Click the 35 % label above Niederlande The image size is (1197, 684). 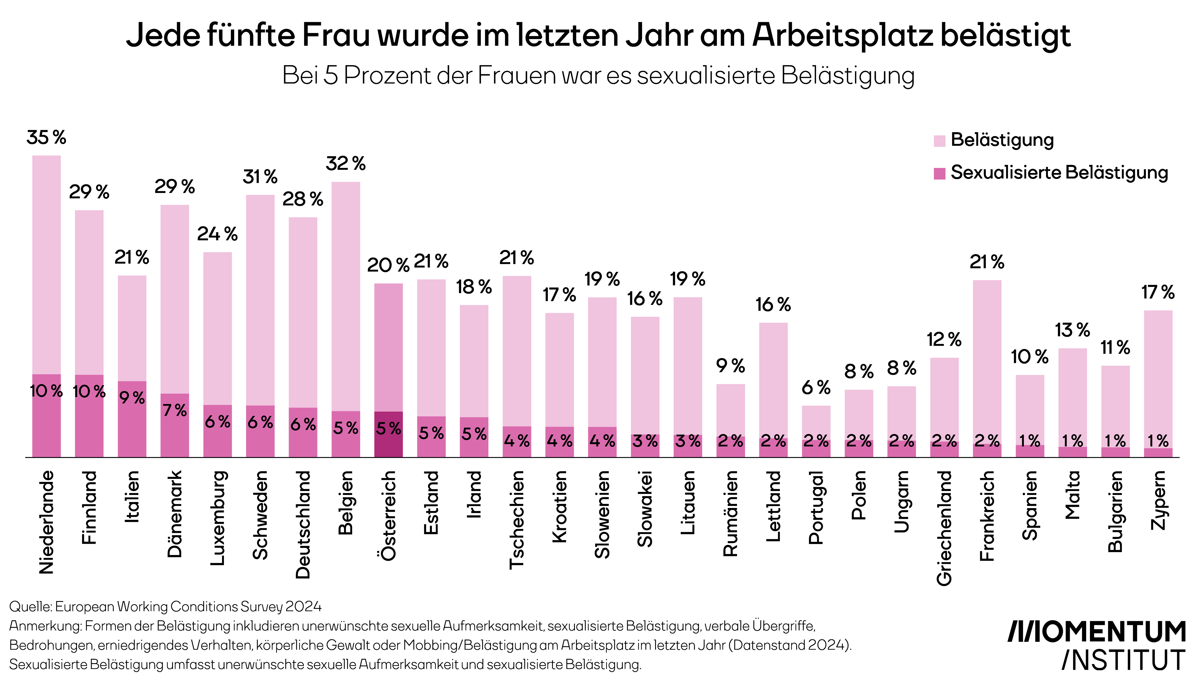(x=46, y=138)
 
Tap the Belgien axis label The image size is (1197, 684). (x=346, y=503)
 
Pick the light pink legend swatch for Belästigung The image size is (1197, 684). (x=939, y=140)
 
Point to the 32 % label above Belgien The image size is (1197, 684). (x=346, y=164)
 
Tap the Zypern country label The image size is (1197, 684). (x=1158, y=500)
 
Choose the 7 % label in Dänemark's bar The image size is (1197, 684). (x=175, y=410)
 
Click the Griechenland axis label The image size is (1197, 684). (x=944, y=529)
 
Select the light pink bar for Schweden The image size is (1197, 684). (x=260, y=301)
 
